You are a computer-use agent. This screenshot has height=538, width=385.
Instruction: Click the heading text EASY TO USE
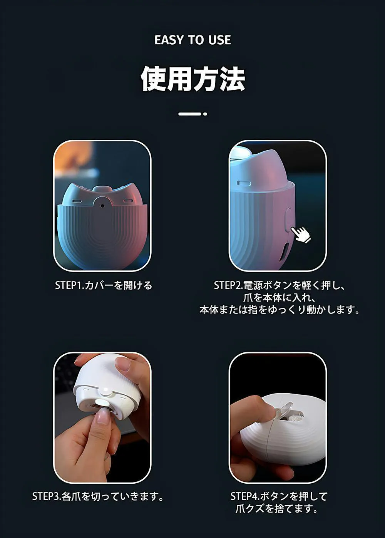click(x=192, y=40)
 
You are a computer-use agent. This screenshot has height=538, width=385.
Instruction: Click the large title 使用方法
click(x=192, y=79)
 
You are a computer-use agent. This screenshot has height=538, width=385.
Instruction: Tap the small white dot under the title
click(x=205, y=114)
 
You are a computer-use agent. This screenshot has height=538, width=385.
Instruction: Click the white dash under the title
click(x=189, y=114)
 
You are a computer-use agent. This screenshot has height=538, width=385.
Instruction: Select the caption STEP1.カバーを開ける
click(x=104, y=285)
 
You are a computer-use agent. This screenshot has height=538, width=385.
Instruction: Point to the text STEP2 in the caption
click(x=227, y=285)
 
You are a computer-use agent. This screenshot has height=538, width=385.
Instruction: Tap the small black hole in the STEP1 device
click(x=102, y=206)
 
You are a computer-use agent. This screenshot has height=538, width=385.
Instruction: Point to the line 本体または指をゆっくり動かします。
click(x=280, y=310)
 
